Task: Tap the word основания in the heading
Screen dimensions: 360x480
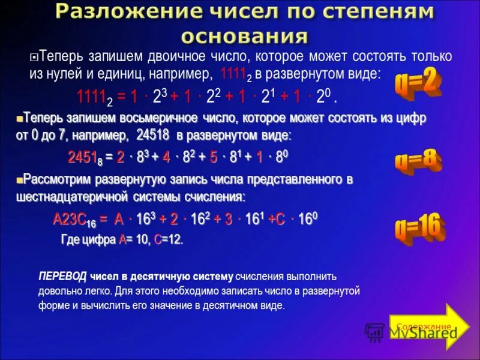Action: pyautogui.click(x=245, y=36)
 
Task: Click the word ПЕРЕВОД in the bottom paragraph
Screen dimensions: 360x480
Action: pyautogui.click(x=62, y=277)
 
